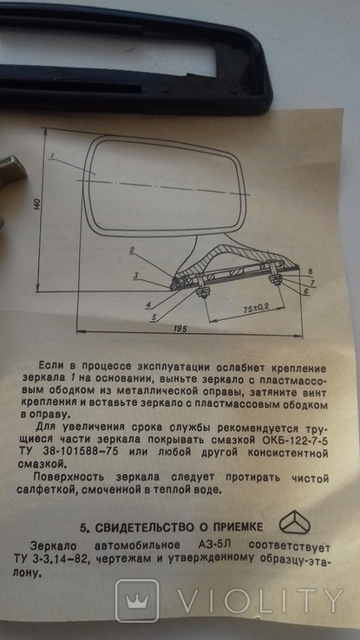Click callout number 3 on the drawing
[136, 276]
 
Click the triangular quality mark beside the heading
[294, 522]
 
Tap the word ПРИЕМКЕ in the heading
[240, 527]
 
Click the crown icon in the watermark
[137, 601]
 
